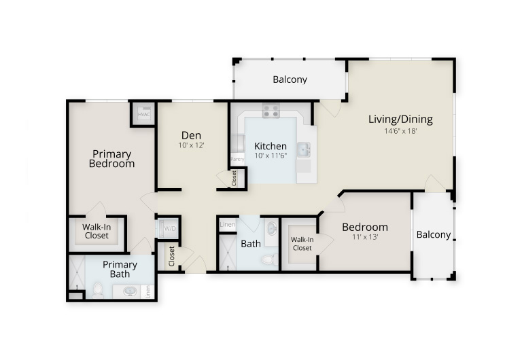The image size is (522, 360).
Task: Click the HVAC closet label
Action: pos(144,115)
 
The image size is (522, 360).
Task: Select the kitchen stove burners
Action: pos(271,111)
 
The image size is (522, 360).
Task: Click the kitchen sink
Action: pos(303,149)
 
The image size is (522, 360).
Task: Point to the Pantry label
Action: pos(237,160)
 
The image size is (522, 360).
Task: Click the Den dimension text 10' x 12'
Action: pos(191,145)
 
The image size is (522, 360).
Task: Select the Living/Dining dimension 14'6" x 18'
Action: pos(400,131)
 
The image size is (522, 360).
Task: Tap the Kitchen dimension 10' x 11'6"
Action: pos(271,156)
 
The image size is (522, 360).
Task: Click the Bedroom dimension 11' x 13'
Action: pos(365,237)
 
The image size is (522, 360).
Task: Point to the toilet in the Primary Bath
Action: pos(98,290)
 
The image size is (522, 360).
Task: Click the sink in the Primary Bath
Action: pos(130,291)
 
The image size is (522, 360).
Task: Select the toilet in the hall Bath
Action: pos(270,259)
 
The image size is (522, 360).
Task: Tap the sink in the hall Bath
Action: pos(272,228)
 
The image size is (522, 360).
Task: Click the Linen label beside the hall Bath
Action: pos(228,224)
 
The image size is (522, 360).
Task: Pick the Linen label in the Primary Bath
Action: pos(148,292)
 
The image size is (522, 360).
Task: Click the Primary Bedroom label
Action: pos(111,159)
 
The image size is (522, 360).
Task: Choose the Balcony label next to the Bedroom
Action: pos(434,235)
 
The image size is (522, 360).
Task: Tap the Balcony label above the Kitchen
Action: pos(290,79)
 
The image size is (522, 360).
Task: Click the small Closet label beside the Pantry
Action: pos(234,179)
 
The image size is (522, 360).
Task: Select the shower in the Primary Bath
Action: pos(77,272)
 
